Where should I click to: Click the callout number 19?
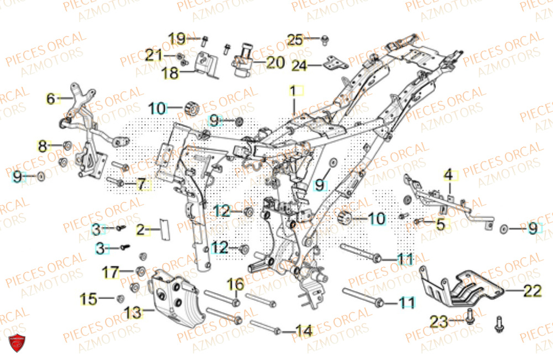177,39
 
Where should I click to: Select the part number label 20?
275,62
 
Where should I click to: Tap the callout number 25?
296,39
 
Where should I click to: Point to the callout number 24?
299,66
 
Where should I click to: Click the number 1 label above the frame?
295,90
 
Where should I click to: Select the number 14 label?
304,331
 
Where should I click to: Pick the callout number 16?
236,285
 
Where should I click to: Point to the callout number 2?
140,230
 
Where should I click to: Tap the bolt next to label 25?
325,39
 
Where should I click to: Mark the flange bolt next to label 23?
469,317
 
